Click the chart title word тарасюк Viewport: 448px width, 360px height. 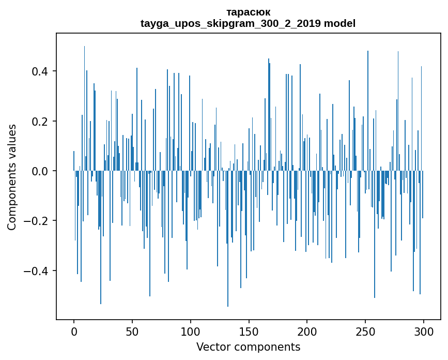248,12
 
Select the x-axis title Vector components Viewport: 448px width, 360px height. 248,347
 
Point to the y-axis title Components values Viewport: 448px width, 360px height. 12,177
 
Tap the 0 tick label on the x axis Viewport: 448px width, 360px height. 74,331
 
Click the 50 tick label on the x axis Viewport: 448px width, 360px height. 132,331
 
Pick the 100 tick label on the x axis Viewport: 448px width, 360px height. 190,331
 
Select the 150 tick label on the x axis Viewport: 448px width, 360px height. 249,331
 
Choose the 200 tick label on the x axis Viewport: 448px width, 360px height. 307,331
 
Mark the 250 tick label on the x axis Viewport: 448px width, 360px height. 365,331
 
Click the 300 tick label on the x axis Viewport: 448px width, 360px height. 424,331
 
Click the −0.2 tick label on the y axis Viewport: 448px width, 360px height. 38,221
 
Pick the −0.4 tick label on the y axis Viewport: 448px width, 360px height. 38,271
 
